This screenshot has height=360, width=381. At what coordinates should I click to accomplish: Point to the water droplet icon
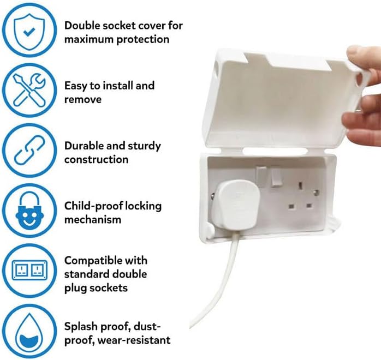(28, 331)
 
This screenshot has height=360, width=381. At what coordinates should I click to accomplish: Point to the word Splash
(80, 326)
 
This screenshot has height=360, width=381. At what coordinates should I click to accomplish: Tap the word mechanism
(92, 220)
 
